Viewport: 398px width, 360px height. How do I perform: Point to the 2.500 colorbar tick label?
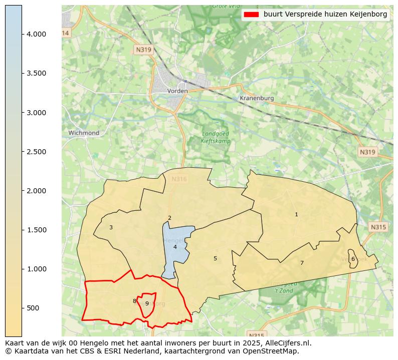tap(36, 152)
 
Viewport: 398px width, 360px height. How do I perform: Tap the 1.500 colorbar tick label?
tap(36, 230)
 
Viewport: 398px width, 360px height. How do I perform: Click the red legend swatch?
tap(251, 15)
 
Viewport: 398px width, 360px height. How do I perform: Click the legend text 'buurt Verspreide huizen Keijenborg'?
tap(325, 15)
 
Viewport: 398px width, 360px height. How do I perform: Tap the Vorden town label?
tap(177, 91)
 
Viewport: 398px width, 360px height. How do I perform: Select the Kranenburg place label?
tap(257, 98)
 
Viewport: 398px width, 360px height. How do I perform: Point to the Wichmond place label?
tap(84, 133)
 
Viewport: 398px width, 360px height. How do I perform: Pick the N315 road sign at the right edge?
tap(378, 227)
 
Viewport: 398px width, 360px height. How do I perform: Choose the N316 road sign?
tap(179, 179)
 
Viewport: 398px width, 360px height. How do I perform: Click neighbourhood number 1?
tap(296, 215)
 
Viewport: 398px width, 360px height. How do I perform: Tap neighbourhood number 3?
tap(111, 227)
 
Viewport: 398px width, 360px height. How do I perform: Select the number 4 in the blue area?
tap(175, 247)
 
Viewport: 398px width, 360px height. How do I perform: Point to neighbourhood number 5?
tap(215, 258)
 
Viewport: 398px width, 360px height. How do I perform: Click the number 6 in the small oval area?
tap(353, 259)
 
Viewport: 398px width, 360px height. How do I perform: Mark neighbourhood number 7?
tap(302, 263)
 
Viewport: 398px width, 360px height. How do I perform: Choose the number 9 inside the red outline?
tap(147, 303)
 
